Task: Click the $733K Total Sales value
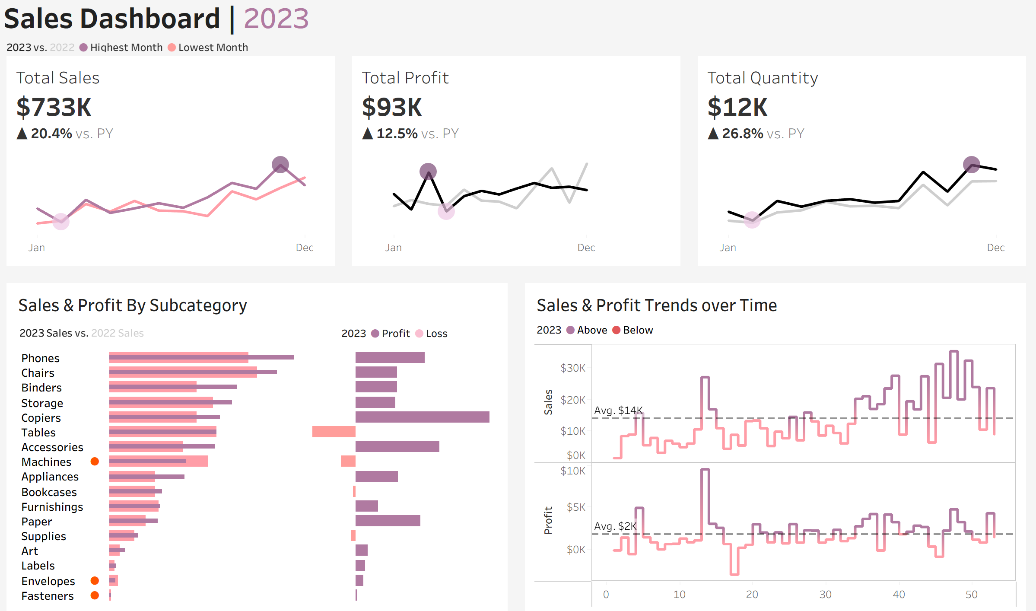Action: [x=54, y=107]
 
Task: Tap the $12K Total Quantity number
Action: [x=737, y=107]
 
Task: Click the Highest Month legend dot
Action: [x=84, y=48]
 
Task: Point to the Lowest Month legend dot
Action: [x=172, y=48]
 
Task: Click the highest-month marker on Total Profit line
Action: [x=428, y=172]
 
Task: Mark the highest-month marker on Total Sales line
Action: [x=280, y=165]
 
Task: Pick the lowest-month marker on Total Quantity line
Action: [x=752, y=220]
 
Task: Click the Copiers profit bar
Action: [x=422, y=417]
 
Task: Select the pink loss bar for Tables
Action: [x=334, y=432]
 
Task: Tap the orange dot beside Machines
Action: [x=95, y=461]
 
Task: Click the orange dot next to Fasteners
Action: [x=95, y=595]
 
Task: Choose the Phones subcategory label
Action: [x=41, y=358]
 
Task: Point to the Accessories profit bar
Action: [x=397, y=446]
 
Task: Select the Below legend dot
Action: [x=617, y=330]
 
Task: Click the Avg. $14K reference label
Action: [x=618, y=410]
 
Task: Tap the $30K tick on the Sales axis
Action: [x=572, y=368]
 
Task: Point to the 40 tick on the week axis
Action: [x=899, y=595]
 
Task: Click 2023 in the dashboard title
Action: [x=276, y=19]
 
